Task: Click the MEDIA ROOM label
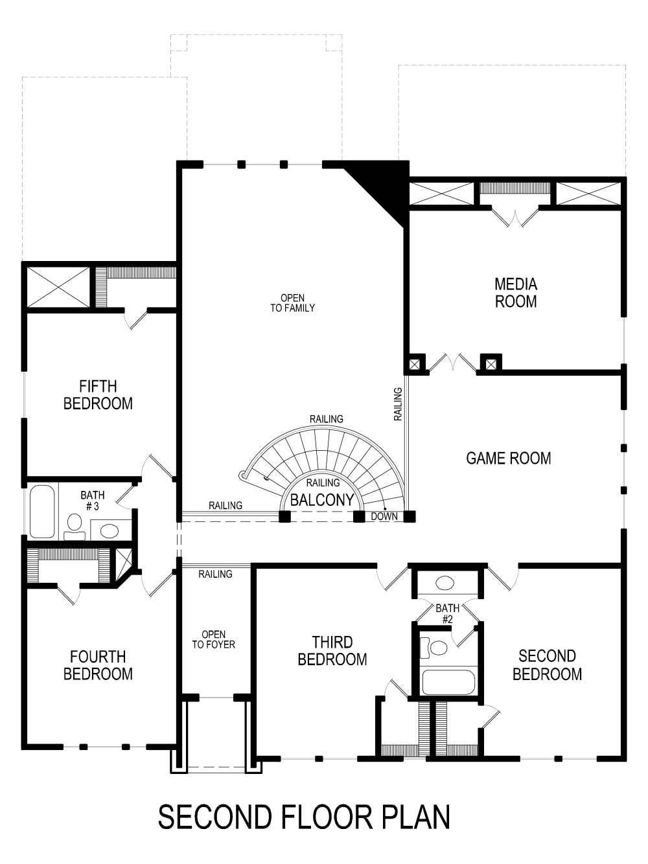point(516,293)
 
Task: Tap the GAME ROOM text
point(509,459)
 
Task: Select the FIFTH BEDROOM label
point(98,395)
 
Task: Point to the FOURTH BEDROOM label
point(98,666)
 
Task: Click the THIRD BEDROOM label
point(332,651)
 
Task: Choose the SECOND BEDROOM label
point(547,665)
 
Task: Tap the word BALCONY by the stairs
point(322,500)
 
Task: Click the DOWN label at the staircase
point(384,517)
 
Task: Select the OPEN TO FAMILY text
point(292,303)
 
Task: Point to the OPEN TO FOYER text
point(213,640)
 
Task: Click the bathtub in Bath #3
point(42,512)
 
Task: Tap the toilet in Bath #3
point(75,523)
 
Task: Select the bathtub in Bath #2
point(448,682)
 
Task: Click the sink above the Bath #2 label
point(445,583)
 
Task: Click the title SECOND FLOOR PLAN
point(304,817)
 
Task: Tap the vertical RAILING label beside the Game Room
point(398,404)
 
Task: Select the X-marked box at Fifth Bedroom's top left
point(57,287)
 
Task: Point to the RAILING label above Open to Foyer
point(215,574)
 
